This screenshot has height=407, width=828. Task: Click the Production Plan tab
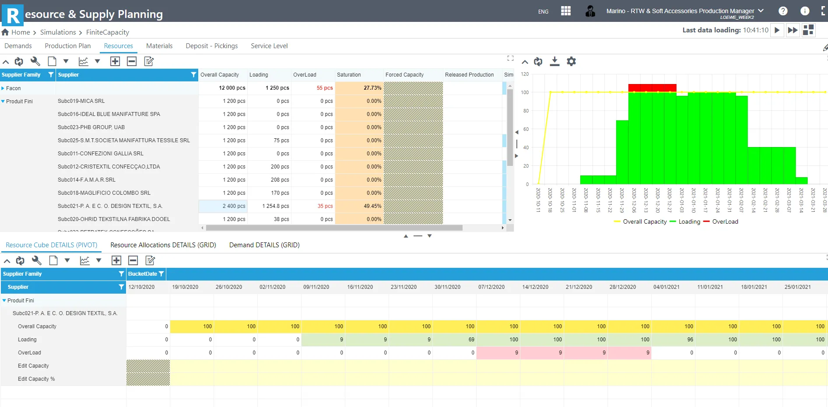pos(67,46)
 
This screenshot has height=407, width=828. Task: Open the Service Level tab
pos(269,46)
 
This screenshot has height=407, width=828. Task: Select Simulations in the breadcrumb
pos(58,32)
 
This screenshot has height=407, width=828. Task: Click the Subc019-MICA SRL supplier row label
pos(81,101)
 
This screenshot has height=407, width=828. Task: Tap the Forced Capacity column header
pos(404,75)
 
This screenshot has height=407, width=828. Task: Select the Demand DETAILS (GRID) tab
pos(264,245)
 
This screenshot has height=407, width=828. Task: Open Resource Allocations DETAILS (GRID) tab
pos(163,245)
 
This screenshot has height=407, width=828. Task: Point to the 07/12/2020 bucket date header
pos(491,287)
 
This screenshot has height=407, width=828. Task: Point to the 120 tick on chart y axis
pos(525,74)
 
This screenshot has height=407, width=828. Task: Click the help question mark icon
pos(783,11)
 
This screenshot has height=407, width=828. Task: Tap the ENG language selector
pos(543,12)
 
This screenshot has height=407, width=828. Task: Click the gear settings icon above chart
pos(571,62)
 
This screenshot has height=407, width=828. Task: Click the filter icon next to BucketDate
pos(161,274)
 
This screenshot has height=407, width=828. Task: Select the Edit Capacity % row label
pos(36,379)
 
